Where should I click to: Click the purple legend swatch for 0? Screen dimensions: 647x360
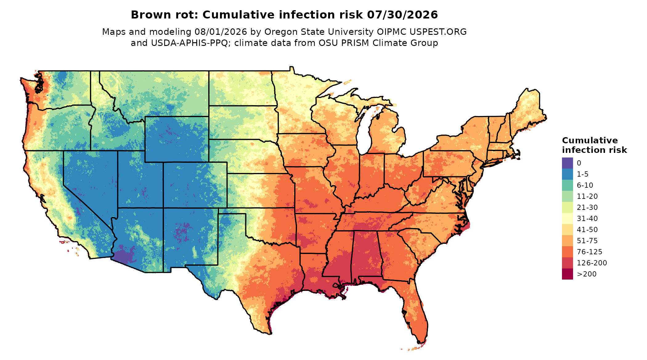pyautogui.click(x=568, y=163)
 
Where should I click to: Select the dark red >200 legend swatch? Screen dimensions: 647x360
pyautogui.click(x=568, y=274)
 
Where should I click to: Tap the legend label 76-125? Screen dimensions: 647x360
pyautogui.click(x=589, y=252)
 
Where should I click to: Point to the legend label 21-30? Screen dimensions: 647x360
pyautogui.click(x=587, y=207)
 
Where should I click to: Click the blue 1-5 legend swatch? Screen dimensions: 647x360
pyautogui.click(x=568, y=174)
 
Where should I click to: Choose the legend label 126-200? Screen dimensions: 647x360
pyautogui.click(x=592, y=263)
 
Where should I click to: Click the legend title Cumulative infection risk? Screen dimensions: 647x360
pyautogui.click(x=594, y=145)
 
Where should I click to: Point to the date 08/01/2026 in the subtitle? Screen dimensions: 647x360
pyautogui.click(x=221, y=32)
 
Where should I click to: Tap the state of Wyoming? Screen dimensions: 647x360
pyautogui.click(x=177, y=139)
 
